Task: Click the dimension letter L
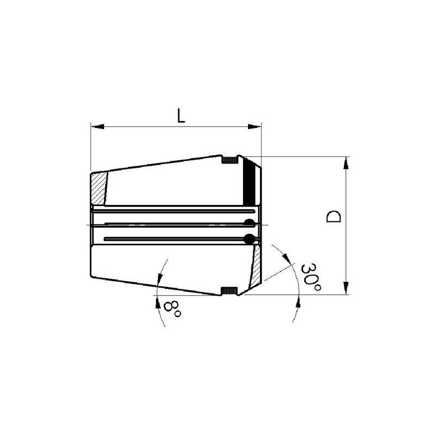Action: click(180, 116)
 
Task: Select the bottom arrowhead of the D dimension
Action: click(345, 289)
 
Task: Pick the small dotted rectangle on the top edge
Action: click(230, 160)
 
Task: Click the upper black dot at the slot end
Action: click(249, 222)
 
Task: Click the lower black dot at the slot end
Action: click(250, 238)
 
